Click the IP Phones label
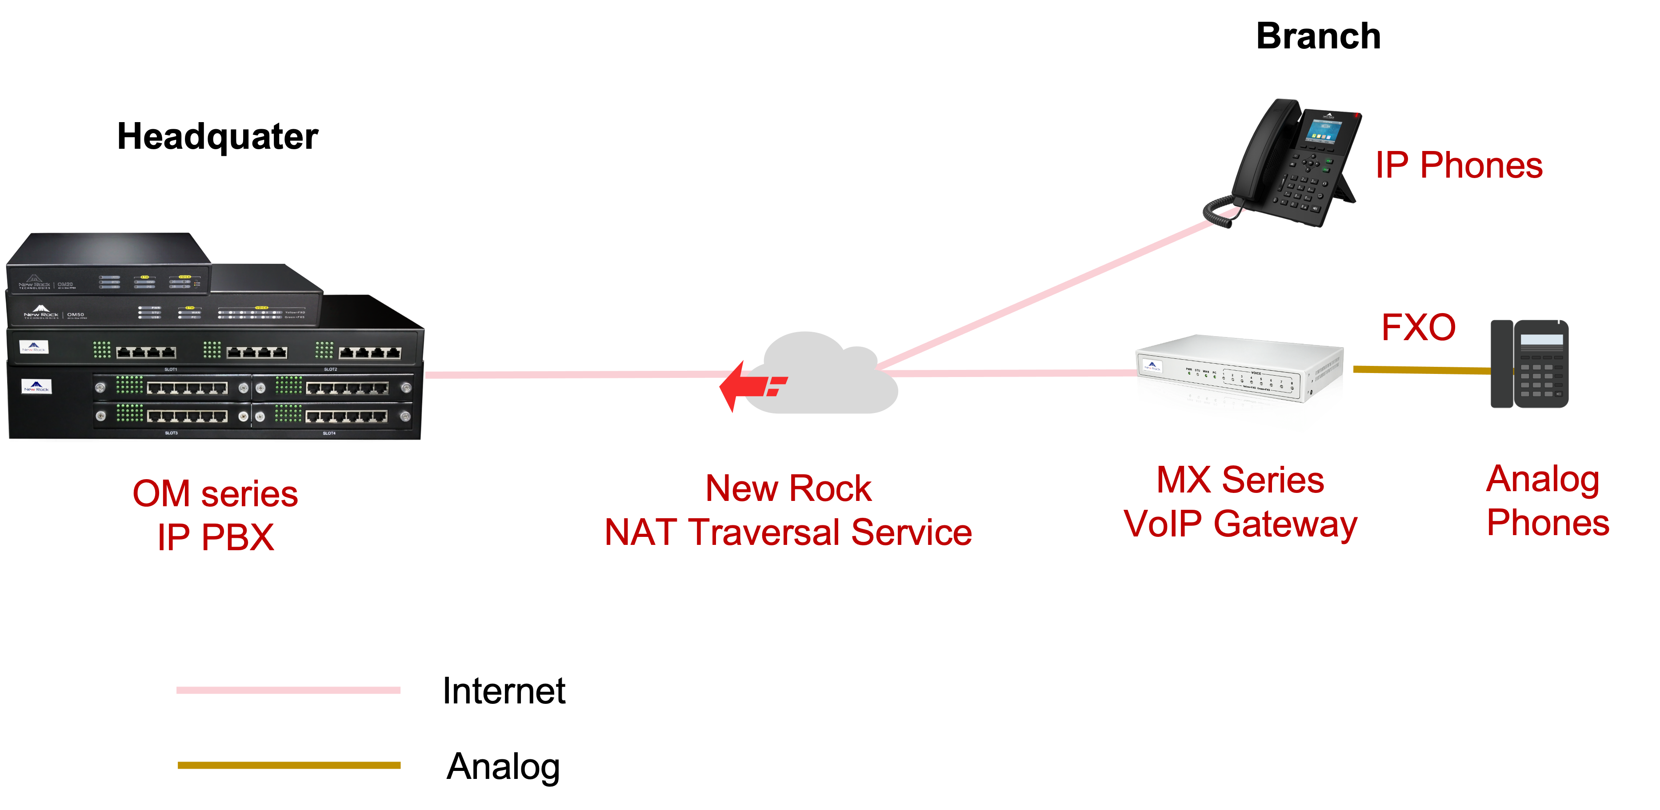pos(1459,166)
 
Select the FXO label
pos(1418,327)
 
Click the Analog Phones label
pos(1547,500)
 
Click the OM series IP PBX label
pos(215,514)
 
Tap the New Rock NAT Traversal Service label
pos(788,509)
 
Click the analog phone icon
pos(1530,365)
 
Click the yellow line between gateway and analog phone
pos(1421,369)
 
